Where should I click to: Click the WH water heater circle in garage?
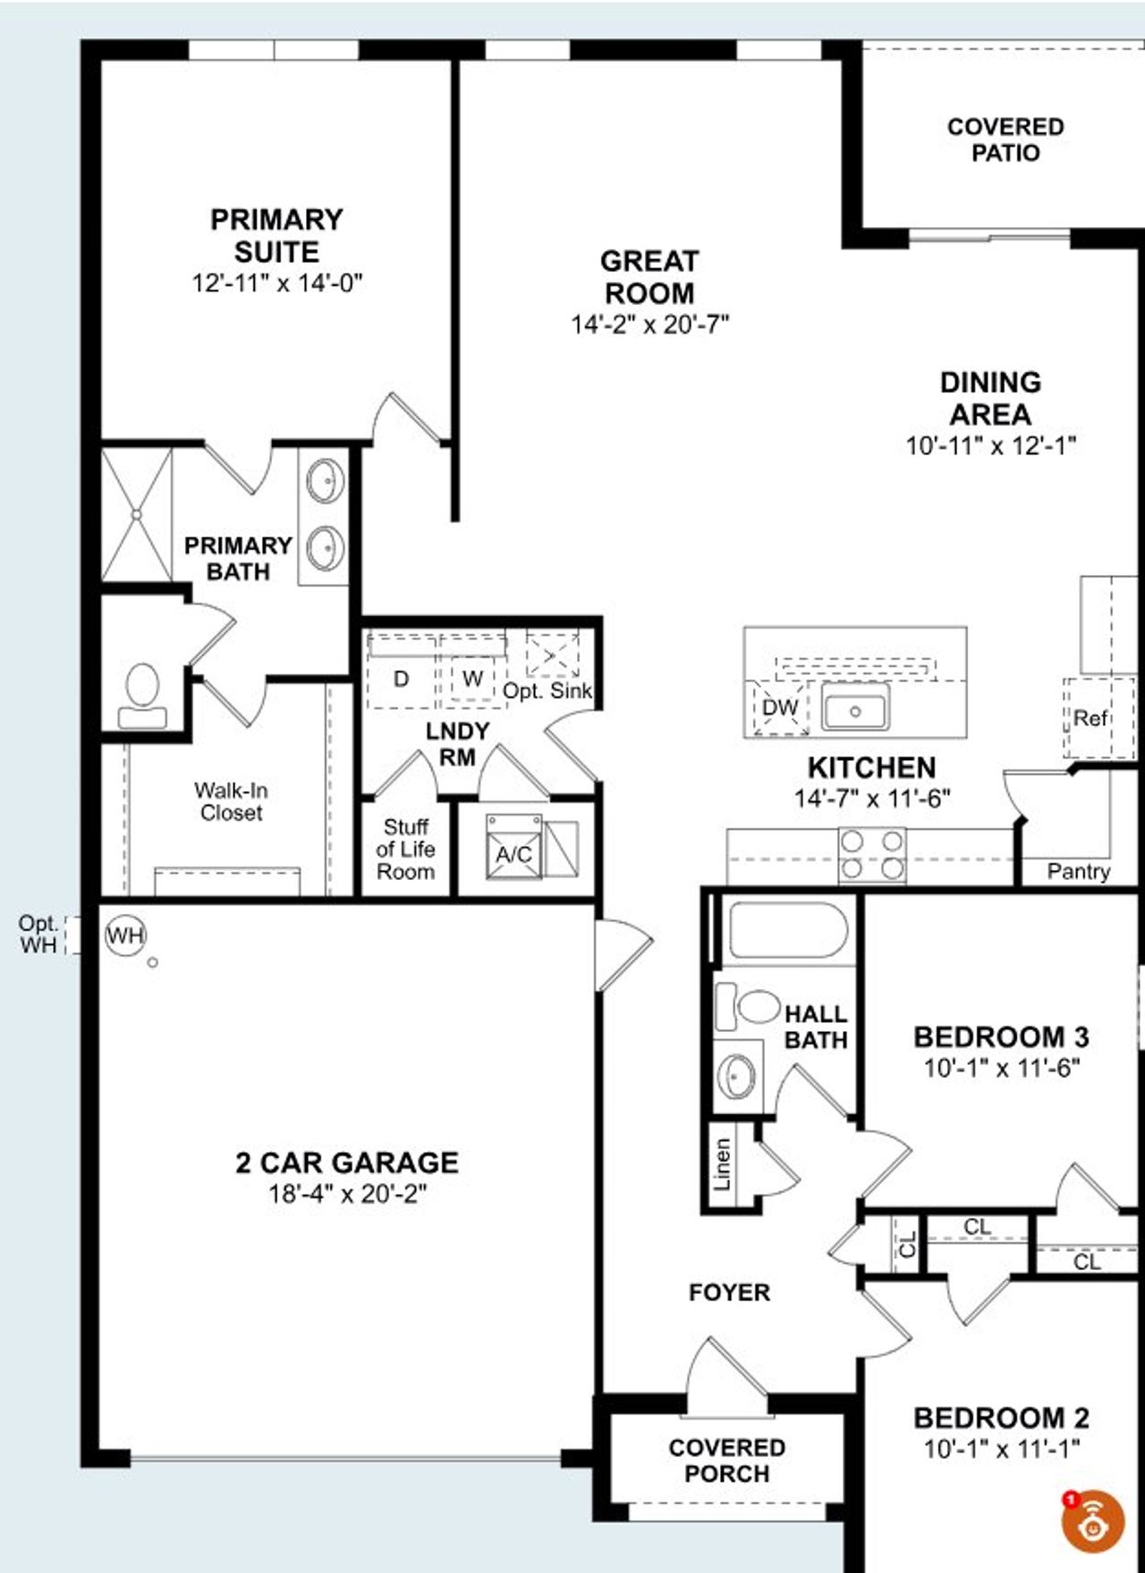pyautogui.click(x=125, y=935)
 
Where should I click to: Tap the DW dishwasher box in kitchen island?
pyautogui.click(x=780, y=707)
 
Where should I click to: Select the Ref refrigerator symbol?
pyautogui.click(x=1090, y=718)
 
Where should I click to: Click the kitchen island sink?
pyautogui.click(x=855, y=710)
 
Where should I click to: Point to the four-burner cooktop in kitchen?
pyautogui.click(x=872, y=855)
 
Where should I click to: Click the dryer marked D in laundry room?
pyautogui.click(x=402, y=679)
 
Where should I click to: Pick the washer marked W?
pyautogui.click(x=472, y=678)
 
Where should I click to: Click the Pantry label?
pyautogui.click(x=1079, y=871)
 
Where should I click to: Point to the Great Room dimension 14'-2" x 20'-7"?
pyautogui.click(x=650, y=324)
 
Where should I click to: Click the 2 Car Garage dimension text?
pyautogui.click(x=347, y=1193)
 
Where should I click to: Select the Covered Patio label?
pyautogui.click(x=1005, y=140)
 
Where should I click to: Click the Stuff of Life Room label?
pyautogui.click(x=405, y=849)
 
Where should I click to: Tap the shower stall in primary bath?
pyautogui.click(x=136, y=515)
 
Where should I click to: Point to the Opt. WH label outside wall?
pyautogui.click(x=38, y=934)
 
